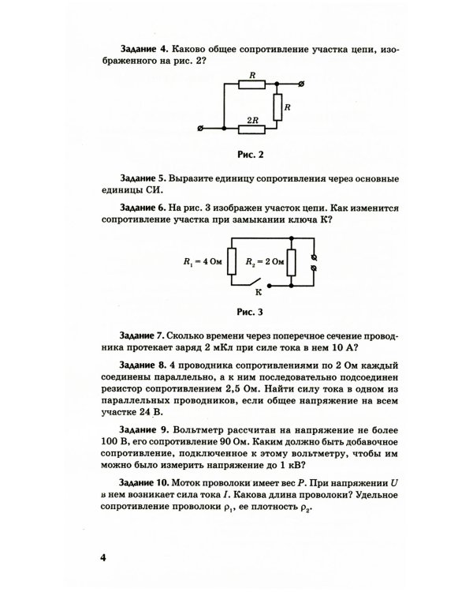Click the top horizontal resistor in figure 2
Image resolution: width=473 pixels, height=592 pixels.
[251, 83]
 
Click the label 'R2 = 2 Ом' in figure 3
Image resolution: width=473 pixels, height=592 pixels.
[262, 260]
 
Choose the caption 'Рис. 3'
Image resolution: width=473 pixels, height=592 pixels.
[249, 310]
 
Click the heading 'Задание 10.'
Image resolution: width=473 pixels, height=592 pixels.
[149, 482]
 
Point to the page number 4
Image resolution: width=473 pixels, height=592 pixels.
[102, 559]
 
